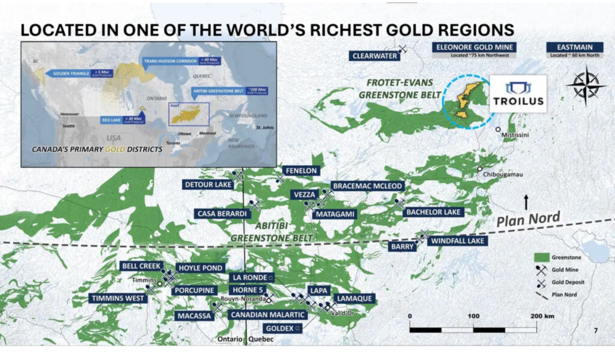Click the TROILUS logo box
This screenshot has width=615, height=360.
[518, 94]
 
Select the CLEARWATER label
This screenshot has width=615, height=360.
[374, 56]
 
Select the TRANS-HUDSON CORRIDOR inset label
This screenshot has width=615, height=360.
[171, 61]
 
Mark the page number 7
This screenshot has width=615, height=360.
[595, 331]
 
